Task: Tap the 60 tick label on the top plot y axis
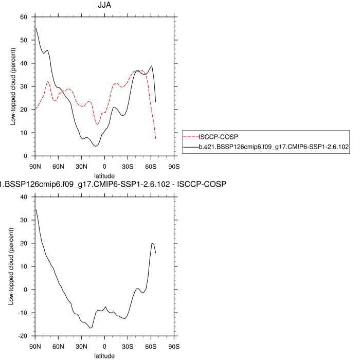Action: click(x=23, y=17)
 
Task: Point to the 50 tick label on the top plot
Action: click(x=23, y=40)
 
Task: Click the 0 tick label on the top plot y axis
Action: click(x=25, y=156)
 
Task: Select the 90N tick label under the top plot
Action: click(x=35, y=166)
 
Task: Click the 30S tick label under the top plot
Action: click(x=128, y=166)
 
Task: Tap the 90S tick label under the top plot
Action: click(x=174, y=166)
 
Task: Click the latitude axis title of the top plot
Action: click(x=104, y=175)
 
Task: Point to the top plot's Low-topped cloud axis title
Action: click(x=12, y=86)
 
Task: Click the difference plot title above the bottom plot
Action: click(x=113, y=184)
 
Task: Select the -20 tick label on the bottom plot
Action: click(x=22, y=336)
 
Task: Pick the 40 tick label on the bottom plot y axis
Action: click(x=23, y=197)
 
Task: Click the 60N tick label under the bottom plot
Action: click(x=58, y=346)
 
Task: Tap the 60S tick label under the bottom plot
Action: click(x=151, y=346)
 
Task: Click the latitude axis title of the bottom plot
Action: click(x=104, y=355)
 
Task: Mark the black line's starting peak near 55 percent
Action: click(x=35, y=28)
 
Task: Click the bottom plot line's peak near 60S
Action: click(x=152, y=243)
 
